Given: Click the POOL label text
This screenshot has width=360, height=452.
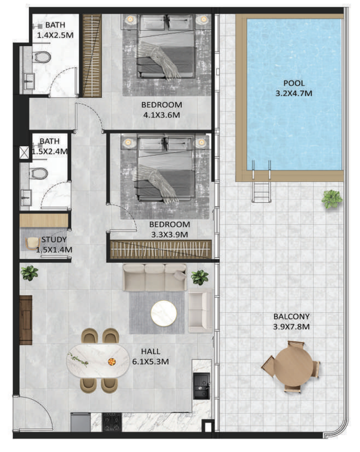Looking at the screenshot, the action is [294, 83].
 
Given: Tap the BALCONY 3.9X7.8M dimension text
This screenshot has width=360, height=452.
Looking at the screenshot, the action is [291, 327].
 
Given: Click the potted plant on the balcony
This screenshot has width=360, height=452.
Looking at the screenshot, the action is [332, 199].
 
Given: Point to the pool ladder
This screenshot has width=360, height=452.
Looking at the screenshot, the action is [262, 182].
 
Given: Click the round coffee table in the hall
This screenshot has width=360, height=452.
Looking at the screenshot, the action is [164, 313].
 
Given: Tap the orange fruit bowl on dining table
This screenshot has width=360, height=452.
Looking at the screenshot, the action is [112, 361].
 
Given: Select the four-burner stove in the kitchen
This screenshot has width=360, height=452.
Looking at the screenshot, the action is [112, 422].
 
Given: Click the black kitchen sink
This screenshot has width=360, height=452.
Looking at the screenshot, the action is [201, 386].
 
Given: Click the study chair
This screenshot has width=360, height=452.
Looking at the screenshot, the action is [32, 244].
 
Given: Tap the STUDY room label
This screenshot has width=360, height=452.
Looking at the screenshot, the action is [54, 240].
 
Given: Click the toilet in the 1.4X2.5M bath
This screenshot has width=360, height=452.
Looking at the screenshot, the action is [42, 57].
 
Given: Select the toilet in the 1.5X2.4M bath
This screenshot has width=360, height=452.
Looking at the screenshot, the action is [38, 173].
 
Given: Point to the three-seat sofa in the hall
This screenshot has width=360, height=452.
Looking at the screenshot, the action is [155, 277].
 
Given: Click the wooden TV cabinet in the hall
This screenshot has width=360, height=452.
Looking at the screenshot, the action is [26, 320].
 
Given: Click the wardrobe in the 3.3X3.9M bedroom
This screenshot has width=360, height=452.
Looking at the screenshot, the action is [161, 249].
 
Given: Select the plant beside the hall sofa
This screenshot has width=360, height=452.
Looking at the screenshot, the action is [199, 277].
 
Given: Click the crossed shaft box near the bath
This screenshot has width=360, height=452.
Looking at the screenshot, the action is [24, 153].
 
